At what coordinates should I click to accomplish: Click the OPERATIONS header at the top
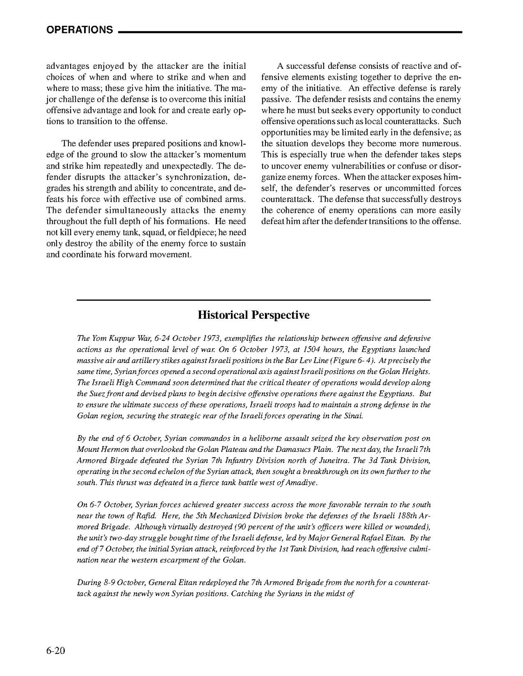[x=79, y=30]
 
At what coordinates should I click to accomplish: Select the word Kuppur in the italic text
[x=115, y=338]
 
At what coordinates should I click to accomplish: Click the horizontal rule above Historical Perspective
[x=254, y=300]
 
